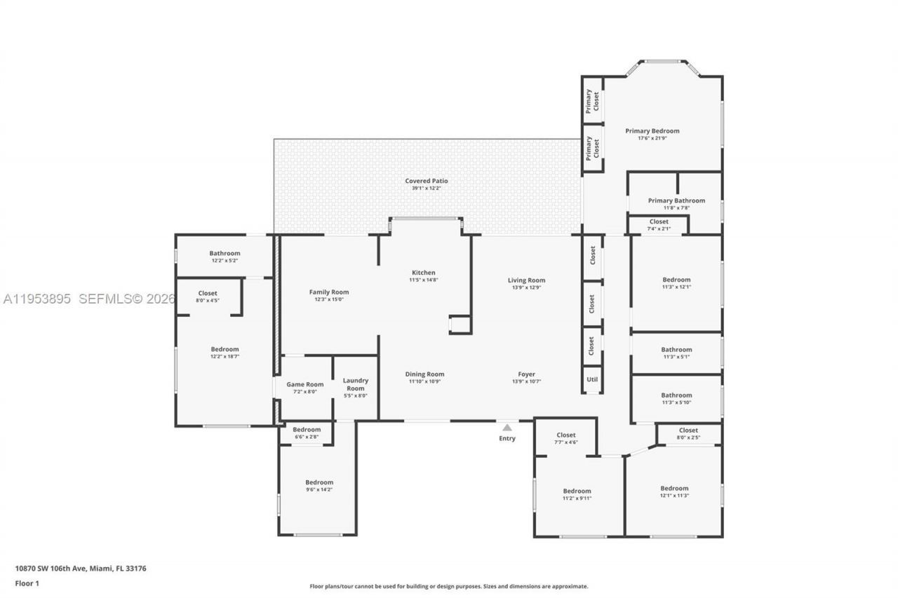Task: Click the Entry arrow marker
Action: point(507,427)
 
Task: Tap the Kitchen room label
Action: point(423,273)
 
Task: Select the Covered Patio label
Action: point(426,181)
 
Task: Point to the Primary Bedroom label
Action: point(652,130)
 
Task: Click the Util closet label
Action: point(592,379)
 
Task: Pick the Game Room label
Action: point(304,384)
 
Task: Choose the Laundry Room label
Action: point(355,384)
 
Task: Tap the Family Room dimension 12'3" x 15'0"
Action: point(328,299)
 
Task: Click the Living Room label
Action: point(526,280)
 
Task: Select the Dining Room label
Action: point(424,374)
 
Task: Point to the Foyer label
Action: point(526,374)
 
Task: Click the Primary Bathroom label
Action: point(676,201)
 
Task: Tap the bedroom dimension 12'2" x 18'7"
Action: point(224,356)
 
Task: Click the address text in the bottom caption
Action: point(81,569)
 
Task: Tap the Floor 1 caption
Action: point(27,583)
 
